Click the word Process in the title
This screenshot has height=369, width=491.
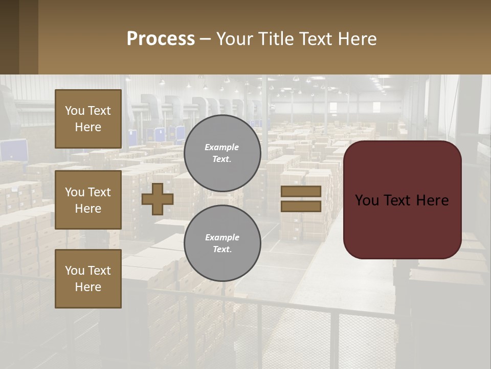[x=161, y=39]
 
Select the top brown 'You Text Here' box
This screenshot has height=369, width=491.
[x=88, y=119]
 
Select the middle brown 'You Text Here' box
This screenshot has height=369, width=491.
[x=88, y=200]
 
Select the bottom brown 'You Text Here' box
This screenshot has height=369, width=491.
[x=88, y=279]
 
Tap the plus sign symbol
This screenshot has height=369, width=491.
[x=157, y=199]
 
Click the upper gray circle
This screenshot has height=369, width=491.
[x=222, y=153]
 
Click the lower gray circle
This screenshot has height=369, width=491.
[x=222, y=243]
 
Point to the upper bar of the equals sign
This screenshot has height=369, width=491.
[x=301, y=192]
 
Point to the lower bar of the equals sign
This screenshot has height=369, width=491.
[x=301, y=206]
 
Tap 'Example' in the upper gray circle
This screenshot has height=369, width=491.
[x=222, y=147]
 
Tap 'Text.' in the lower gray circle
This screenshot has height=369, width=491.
[x=222, y=250]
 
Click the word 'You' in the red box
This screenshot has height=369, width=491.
[x=367, y=200]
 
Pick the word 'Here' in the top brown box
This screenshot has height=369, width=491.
[x=88, y=127]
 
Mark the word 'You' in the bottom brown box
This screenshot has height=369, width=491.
[x=75, y=271]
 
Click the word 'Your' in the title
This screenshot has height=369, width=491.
[x=236, y=39]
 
